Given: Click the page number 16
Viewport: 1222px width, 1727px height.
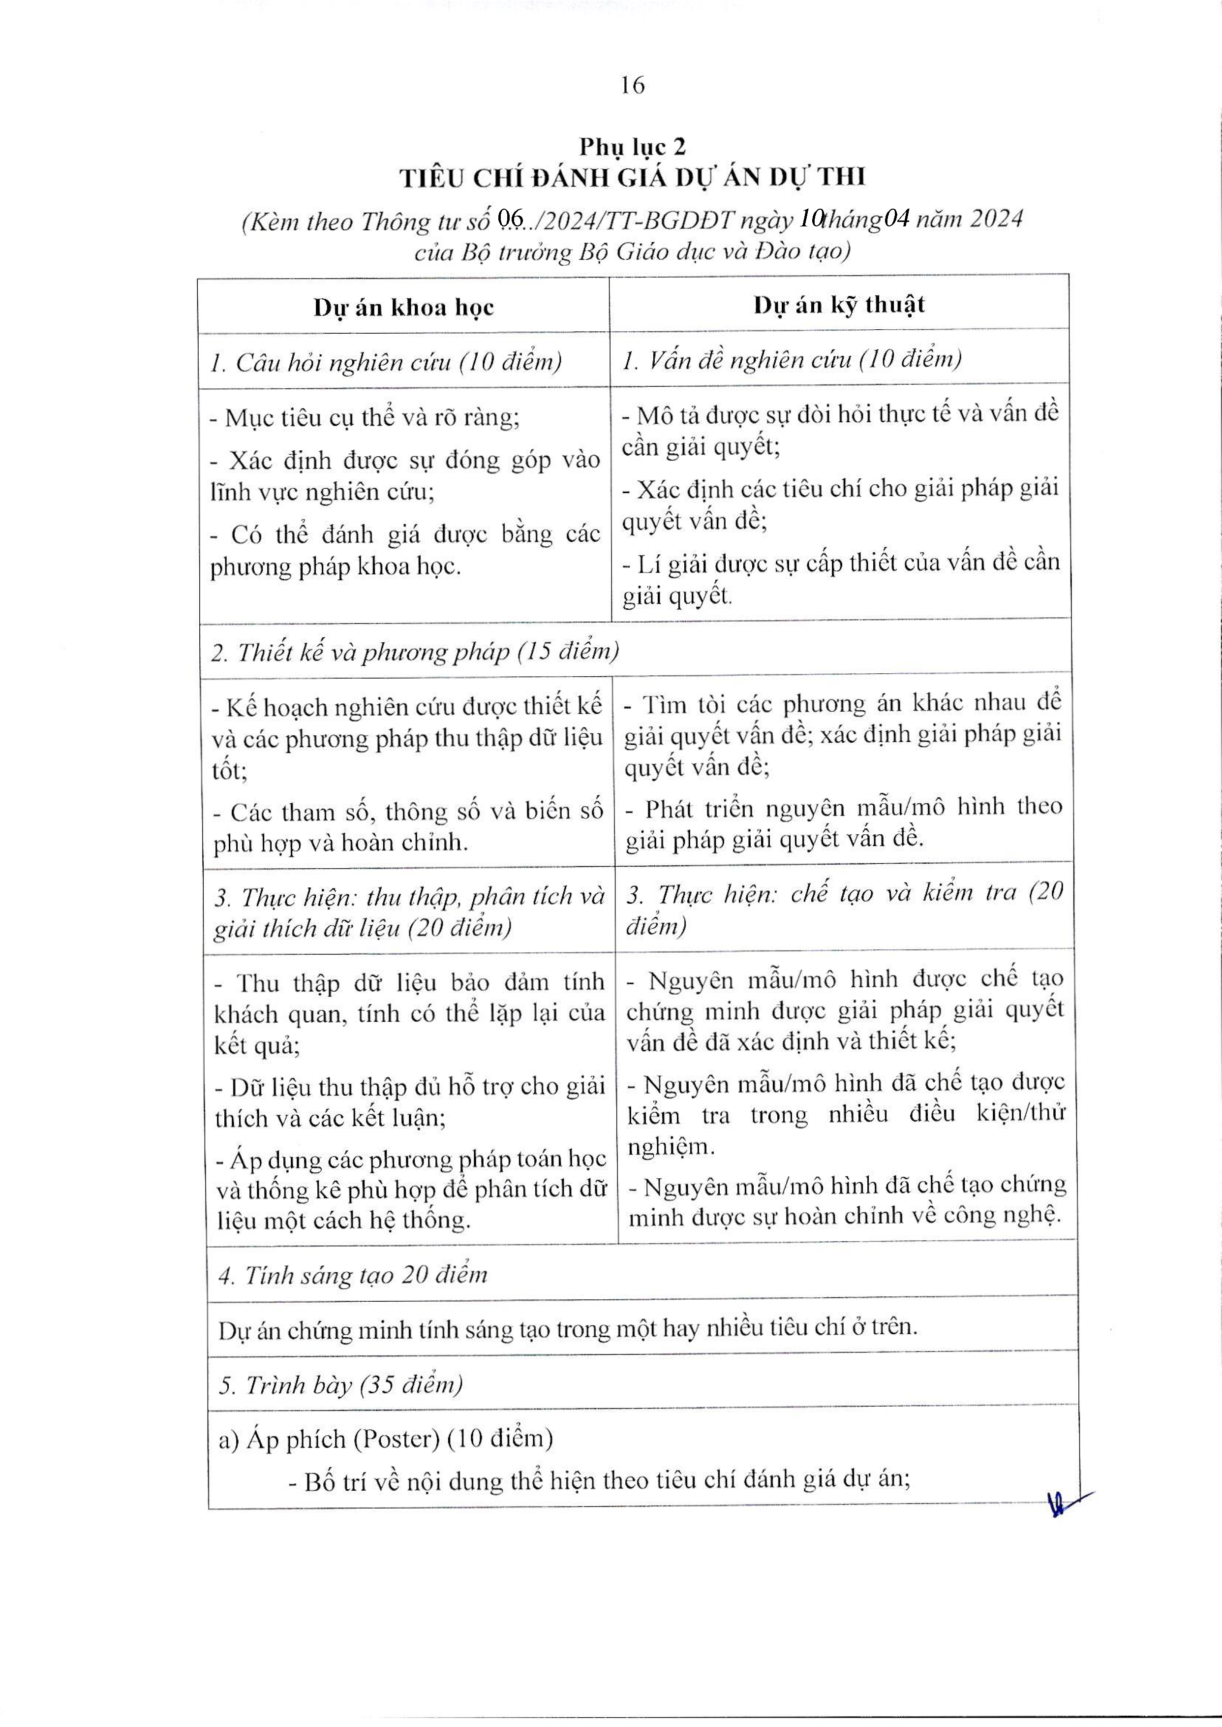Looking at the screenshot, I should (x=633, y=86).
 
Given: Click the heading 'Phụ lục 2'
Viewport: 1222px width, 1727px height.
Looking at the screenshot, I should (x=632, y=147).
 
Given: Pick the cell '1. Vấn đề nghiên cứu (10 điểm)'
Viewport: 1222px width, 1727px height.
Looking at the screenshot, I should (x=792, y=360).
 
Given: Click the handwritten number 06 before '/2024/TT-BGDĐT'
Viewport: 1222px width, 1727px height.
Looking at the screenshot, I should (x=511, y=220).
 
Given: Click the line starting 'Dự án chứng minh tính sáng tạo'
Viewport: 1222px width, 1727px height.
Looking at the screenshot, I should (x=568, y=1329).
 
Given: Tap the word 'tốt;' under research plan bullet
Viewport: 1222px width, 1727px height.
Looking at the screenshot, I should (x=230, y=771).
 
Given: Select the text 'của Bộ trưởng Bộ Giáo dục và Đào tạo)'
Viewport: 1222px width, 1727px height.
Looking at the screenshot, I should (x=632, y=251).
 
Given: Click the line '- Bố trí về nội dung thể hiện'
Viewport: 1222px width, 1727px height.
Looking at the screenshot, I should (x=600, y=1480).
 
